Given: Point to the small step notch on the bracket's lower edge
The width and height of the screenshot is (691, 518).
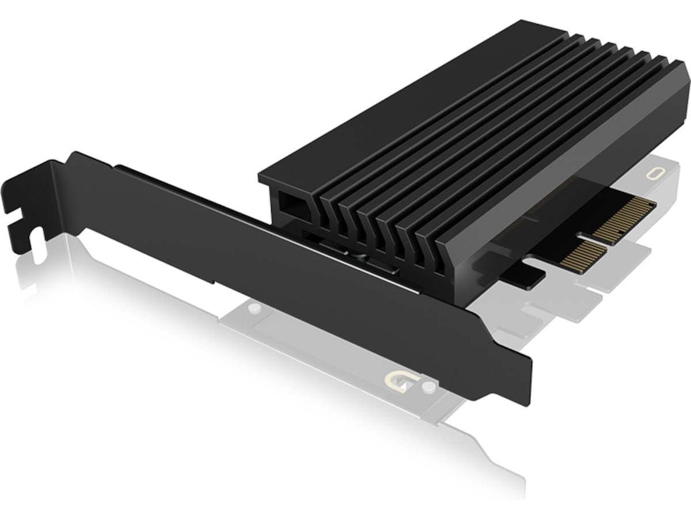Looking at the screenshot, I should pyautogui.click(x=214, y=280).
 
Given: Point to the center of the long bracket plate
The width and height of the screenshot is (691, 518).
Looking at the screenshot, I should pyautogui.click(x=288, y=253).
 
